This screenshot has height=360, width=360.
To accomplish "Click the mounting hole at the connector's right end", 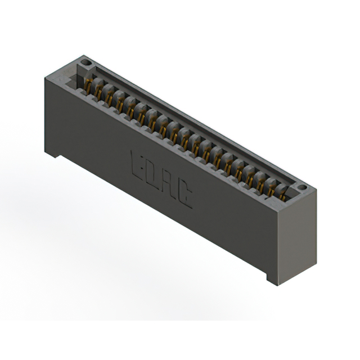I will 301,187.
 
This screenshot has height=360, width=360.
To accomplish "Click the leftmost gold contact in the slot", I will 88,86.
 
